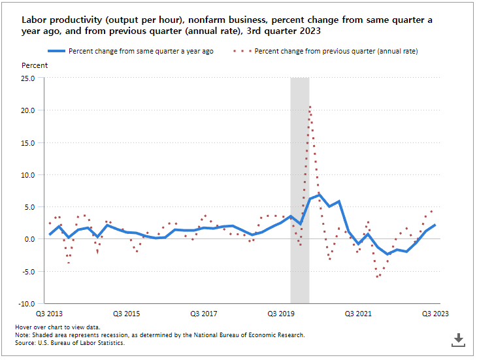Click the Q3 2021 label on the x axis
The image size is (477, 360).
click(x=358, y=314)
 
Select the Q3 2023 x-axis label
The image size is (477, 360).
click(x=435, y=314)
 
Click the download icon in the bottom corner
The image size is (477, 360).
click(x=458, y=339)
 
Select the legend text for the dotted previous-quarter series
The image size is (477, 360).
click(x=336, y=51)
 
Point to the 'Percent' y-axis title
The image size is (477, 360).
click(x=35, y=66)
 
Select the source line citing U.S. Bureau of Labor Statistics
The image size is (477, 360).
click(x=69, y=342)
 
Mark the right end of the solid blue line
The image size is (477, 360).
click(x=435, y=225)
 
